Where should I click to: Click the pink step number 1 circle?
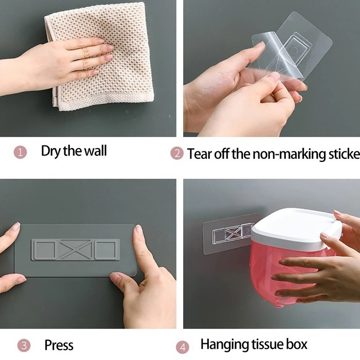tap(20, 152)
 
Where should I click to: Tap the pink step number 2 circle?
tap(176, 153)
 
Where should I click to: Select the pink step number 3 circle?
tap(24, 346)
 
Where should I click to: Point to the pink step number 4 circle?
tap(182, 347)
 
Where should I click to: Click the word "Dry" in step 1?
tap(51, 151)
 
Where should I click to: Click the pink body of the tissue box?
tap(270, 270)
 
